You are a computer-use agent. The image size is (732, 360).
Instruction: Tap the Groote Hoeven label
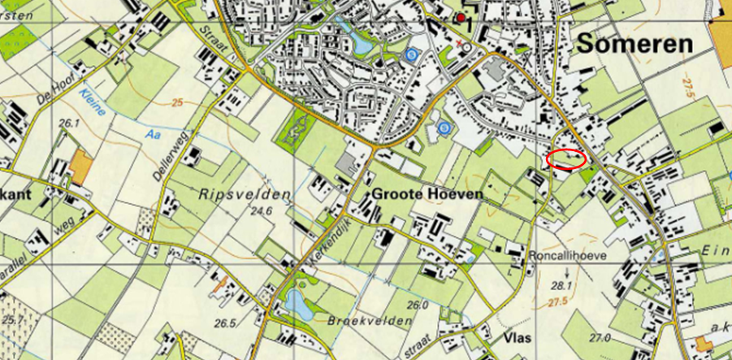[x=427, y=194]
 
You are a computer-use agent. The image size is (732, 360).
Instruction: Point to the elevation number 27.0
[x=600, y=336]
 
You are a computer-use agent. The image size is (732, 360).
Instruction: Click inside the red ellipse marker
[x=565, y=159]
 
